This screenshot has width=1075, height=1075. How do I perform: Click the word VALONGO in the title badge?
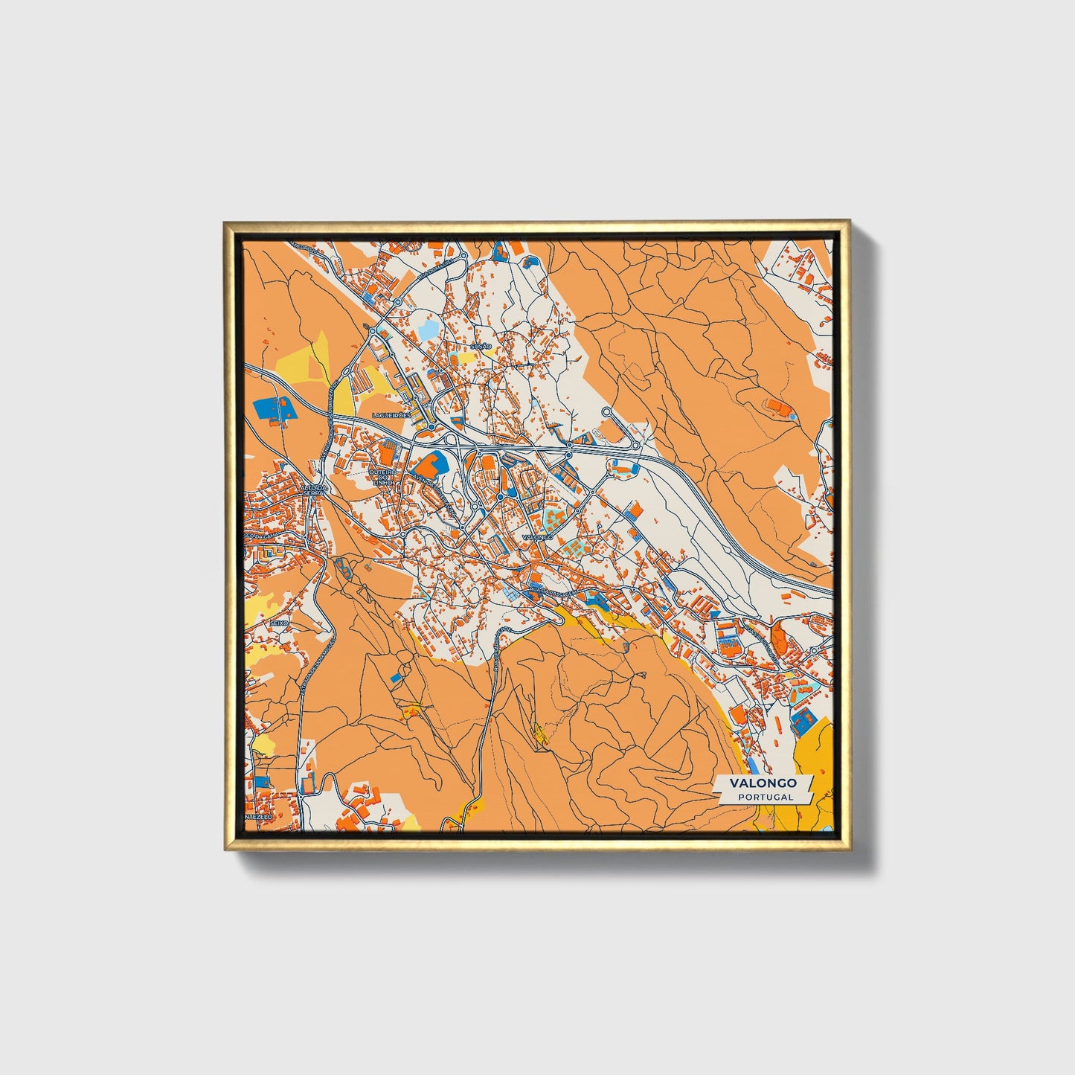click(763, 783)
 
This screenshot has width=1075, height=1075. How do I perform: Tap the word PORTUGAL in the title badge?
click(766, 797)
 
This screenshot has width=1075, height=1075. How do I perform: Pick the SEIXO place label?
click(278, 621)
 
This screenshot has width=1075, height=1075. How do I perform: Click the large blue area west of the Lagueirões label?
click(273, 408)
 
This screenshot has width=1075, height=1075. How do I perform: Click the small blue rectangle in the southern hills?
click(395, 677)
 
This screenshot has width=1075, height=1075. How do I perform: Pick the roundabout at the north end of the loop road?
click(606, 411)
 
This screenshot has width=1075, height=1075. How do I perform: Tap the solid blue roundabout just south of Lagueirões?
click(431, 427)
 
